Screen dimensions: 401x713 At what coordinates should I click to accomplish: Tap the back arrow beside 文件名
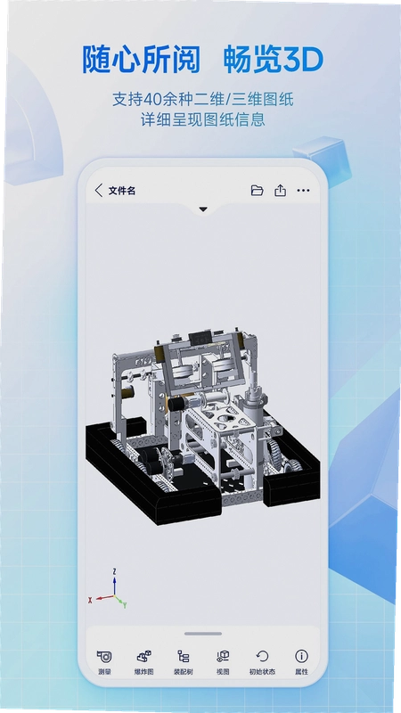point(99,191)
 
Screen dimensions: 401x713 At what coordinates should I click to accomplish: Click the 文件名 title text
point(122,191)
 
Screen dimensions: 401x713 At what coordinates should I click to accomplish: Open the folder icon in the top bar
point(257,191)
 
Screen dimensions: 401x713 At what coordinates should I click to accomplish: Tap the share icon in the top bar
point(280,190)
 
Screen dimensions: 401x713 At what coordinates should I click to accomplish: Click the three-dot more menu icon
point(303,191)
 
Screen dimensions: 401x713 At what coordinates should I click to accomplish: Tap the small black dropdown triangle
point(203,209)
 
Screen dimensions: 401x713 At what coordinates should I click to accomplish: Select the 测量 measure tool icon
point(104,656)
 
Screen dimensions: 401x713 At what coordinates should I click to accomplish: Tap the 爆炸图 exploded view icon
point(144,656)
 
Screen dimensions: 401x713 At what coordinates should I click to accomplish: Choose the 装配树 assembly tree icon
point(184,656)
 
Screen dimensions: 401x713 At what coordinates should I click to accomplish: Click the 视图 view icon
point(223,656)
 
